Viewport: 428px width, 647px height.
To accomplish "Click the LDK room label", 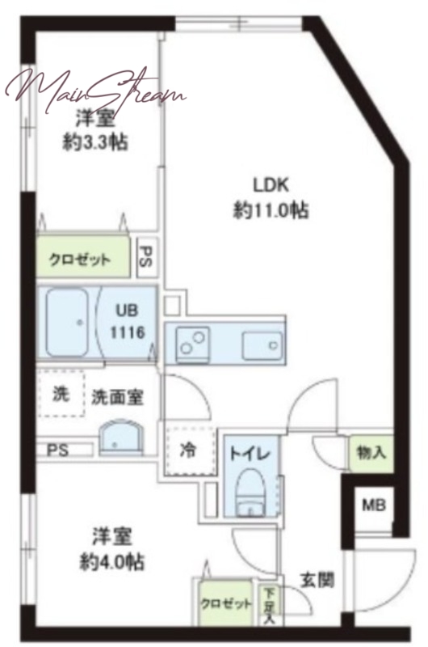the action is (x=271, y=184).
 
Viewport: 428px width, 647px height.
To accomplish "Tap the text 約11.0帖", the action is (x=271, y=211).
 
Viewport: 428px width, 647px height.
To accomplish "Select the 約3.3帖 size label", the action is (x=95, y=142).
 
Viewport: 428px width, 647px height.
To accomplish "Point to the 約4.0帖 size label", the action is (x=111, y=561).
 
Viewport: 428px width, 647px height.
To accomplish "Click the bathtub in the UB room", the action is (x=67, y=323).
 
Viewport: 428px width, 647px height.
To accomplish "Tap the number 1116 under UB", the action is (x=128, y=332).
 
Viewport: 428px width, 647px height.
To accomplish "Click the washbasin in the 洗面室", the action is (x=121, y=438).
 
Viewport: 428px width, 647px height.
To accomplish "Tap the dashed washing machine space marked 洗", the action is (x=61, y=394).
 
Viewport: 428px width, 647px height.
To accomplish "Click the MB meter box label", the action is (x=374, y=504).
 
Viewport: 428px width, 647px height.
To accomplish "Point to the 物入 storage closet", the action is (x=371, y=453).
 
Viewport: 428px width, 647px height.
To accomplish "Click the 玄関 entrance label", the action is (x=317, y=581).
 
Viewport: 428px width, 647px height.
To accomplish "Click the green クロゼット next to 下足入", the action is (x=225, y=603).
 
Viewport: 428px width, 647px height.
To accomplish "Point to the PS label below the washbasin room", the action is (x=57, y=450).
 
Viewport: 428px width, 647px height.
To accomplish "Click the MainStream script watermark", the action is (x=95, y=90).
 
